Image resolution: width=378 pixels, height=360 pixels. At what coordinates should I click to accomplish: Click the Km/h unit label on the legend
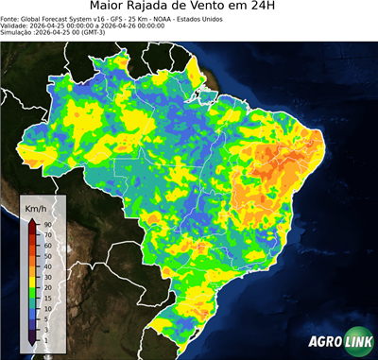tap(35, 206)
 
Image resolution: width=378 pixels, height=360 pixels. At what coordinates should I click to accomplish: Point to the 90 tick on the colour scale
tap(46, 224)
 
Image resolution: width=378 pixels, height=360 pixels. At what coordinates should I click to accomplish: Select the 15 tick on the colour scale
tap(46, 298)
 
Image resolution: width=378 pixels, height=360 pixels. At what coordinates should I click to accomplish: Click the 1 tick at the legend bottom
tap(44, 339)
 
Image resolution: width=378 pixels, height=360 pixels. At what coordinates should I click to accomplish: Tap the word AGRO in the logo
tap(323, 341)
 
